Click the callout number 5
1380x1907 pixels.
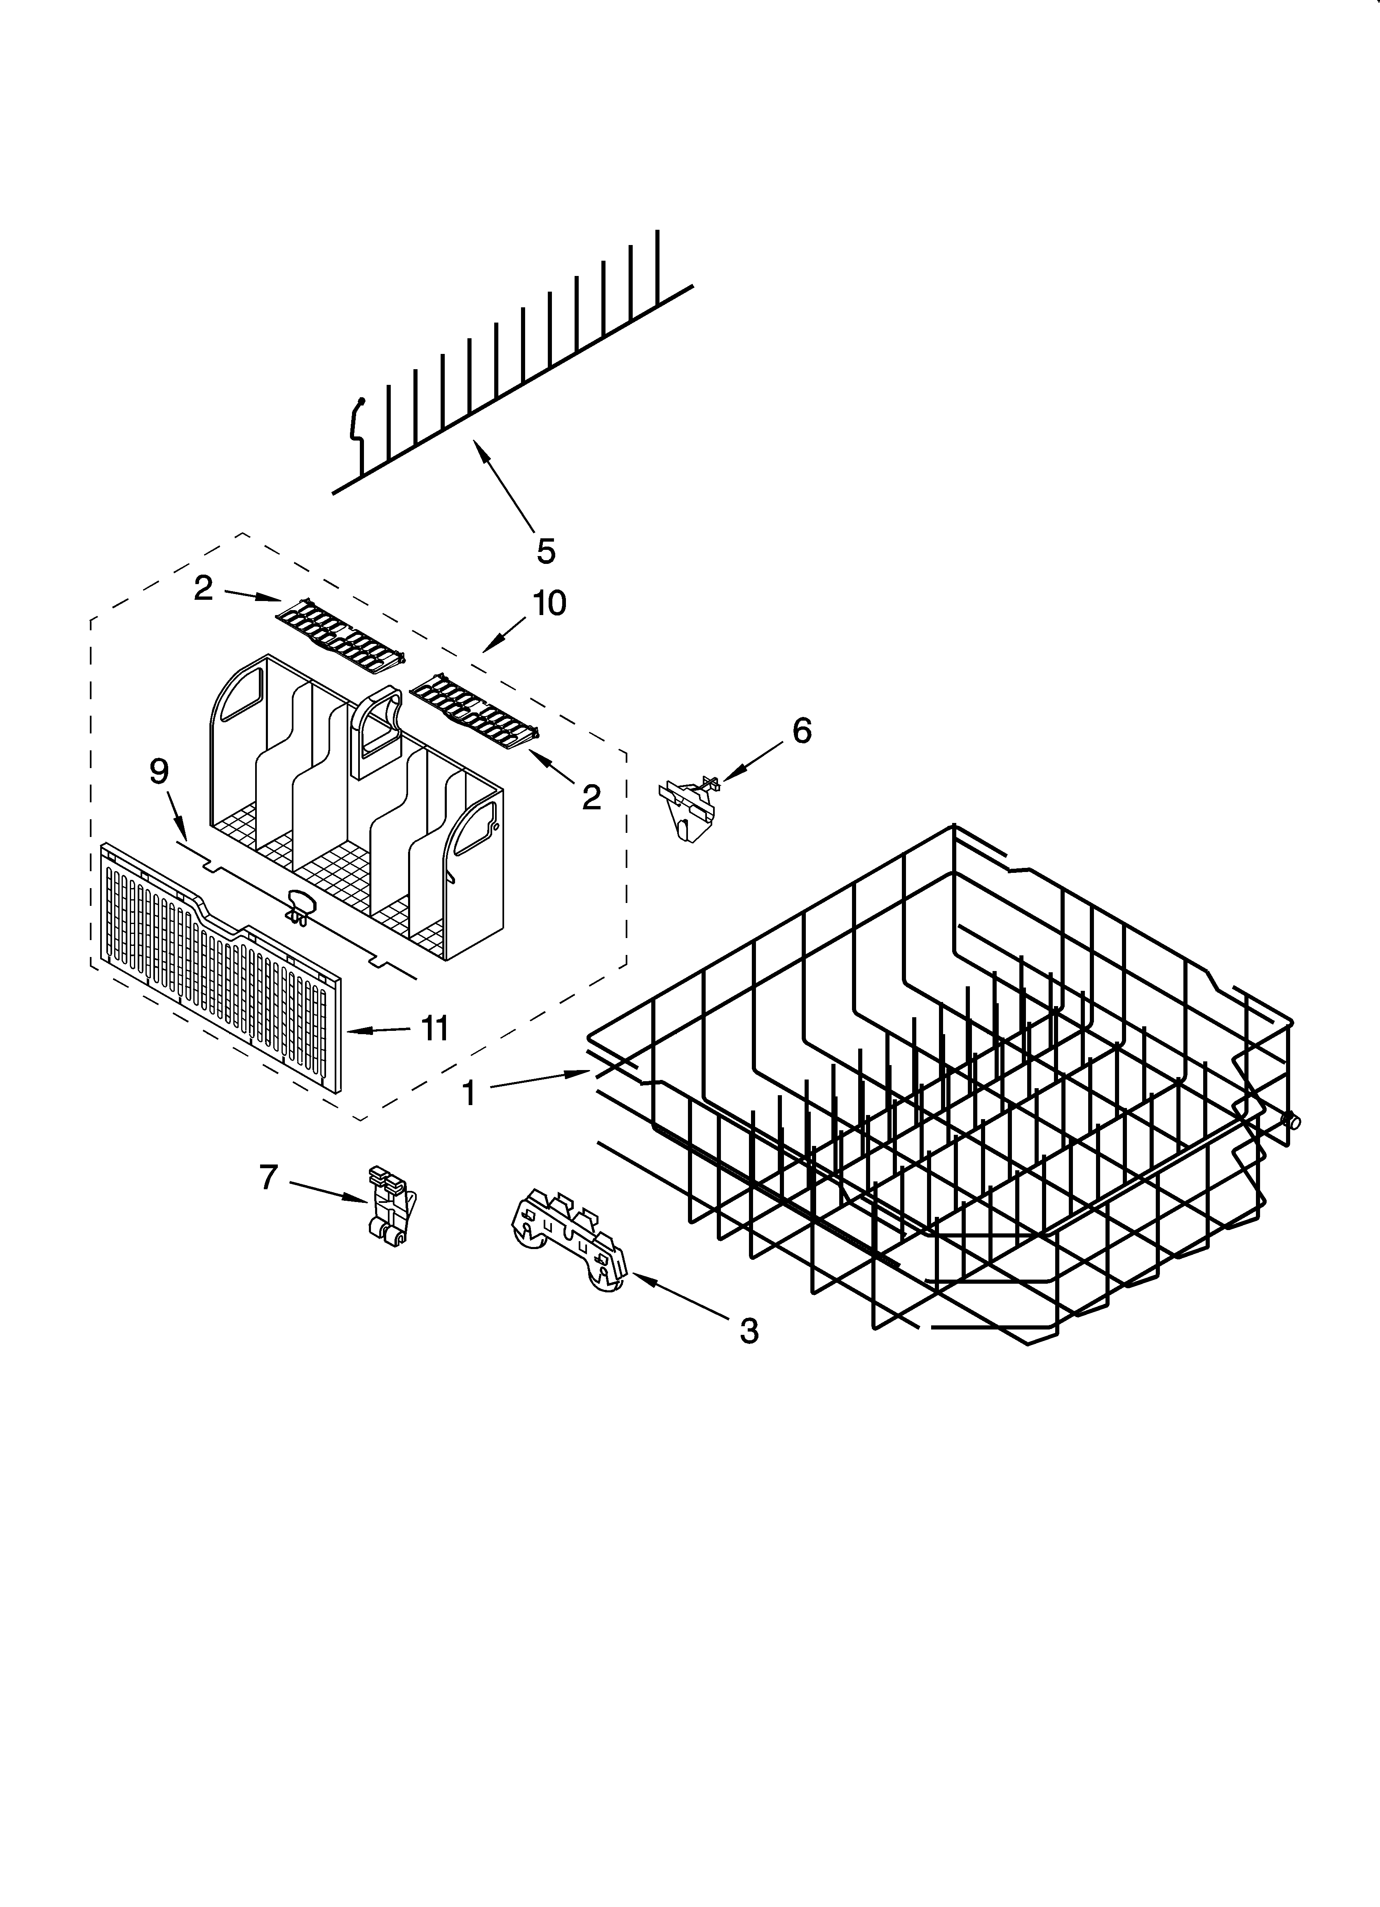[x=546, y=552]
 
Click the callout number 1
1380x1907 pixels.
[x=469, y=1093]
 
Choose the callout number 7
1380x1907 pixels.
[x=268, y=1177]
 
